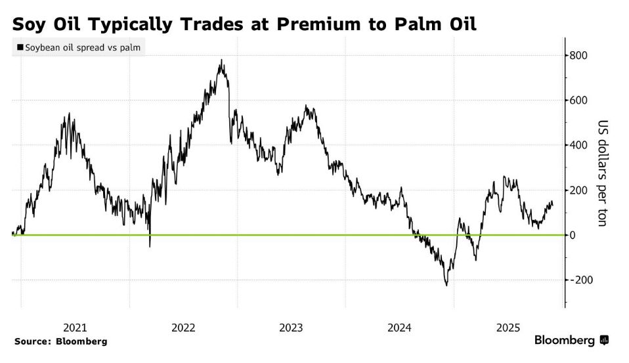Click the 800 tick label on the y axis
pos(578,56)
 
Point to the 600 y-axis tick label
pos(578,100)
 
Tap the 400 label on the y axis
pos(578,145)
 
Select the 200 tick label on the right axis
pos(578,190)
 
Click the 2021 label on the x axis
pos(75,328)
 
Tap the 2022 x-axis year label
pos(183,328)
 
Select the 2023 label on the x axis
pos(292,328)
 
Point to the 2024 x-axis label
pos(400,328)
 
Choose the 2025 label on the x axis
pos(508,328)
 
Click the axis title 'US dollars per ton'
pos(601,173)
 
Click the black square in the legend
pos(20,47)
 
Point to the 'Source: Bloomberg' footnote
pos(60,341)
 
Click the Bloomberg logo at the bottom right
pos(571,340)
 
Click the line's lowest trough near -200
pos(446,285)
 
